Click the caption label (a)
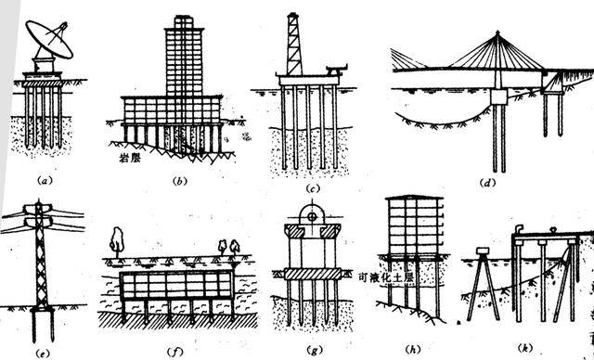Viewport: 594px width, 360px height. (x=45, y=181)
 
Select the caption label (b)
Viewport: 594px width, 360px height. (x=179, y=181)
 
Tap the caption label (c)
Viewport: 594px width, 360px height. (x=312, y=188)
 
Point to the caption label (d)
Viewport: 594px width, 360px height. (x=487, y=183)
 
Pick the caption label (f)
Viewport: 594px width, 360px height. (x=174, y=352)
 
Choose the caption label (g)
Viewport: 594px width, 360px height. (x=314, y=351)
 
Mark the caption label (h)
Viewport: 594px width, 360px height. (x=412, y=349)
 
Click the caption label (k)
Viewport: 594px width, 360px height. (x=524, y=348)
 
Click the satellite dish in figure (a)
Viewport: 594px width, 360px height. (x=49, y=39)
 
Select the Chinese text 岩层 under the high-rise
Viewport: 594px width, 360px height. (x=130, y=158)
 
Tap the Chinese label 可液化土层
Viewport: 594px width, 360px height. (x=386, y=277)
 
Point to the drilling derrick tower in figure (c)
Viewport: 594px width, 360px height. (x=293, y=44)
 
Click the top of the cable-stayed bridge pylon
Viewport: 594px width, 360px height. (x=497, y=32)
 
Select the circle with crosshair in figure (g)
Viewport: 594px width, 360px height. (x=312, y=217)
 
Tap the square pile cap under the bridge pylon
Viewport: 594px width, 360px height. (x=499, y=96)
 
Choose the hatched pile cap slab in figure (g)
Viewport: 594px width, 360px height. (x=313, y=274)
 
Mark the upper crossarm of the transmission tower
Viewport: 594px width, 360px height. (x=38, y=208)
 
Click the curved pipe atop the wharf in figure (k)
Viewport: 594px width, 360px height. (x=519, y=229)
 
